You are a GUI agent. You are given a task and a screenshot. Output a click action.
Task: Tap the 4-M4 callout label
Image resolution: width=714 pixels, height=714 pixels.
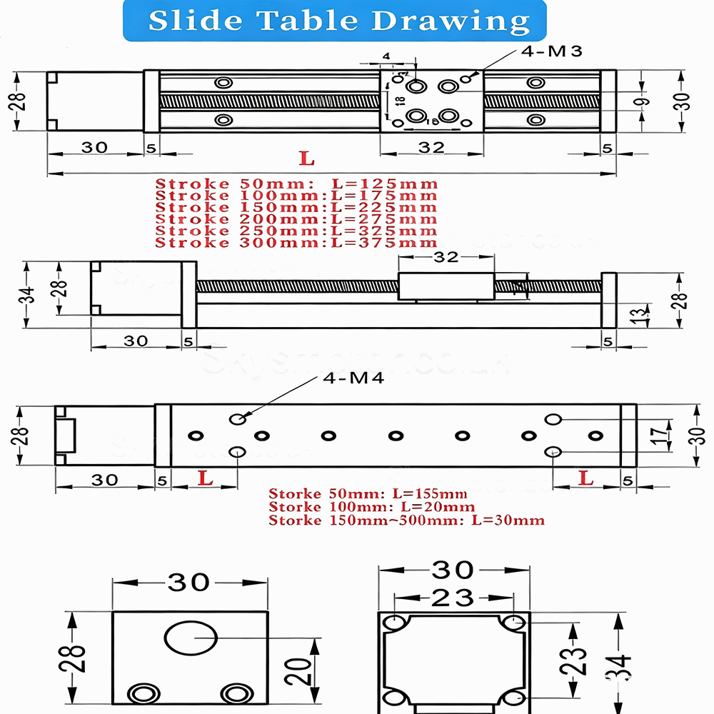coord(353,378)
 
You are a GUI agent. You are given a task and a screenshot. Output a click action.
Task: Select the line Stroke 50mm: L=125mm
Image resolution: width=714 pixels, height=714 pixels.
coord(296,184)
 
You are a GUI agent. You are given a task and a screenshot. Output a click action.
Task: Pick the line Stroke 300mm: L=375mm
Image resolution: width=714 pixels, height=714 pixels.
coord(296,243)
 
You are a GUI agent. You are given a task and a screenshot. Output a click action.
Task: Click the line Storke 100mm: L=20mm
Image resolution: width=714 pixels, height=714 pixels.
coord(371,507)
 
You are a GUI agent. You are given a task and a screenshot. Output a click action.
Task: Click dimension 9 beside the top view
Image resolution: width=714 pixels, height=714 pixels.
coord(645,101)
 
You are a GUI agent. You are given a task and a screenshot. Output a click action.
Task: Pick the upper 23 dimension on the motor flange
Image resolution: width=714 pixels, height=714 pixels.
coord(453,596)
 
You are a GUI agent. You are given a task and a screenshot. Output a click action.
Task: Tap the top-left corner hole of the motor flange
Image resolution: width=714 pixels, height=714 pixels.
coord(395,623)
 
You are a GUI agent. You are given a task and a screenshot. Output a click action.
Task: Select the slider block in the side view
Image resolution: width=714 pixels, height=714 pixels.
coord(446,287)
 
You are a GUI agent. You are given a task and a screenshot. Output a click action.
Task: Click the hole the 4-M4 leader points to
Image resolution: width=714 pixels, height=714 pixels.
coord(238,418)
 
